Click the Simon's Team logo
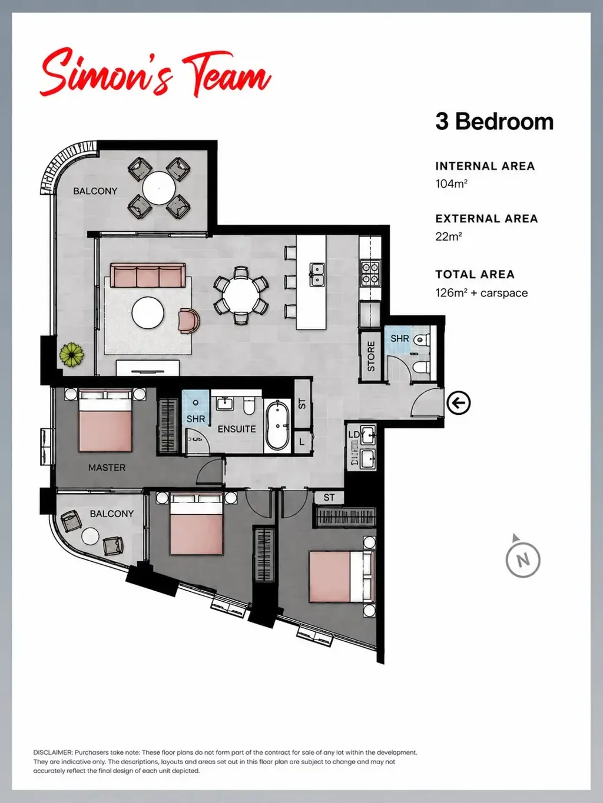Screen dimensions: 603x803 click(x=155, y=72)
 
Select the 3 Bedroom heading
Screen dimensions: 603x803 click(x=494, y=121)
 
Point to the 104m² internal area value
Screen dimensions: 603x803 click(x=451, y=184)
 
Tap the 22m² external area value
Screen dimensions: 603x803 click(x=449, y=236)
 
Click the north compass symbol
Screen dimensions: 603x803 click(x=523, y=559)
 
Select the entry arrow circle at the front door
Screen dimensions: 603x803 click(x=458, y=403)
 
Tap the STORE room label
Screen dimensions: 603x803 click(x=371, y=356)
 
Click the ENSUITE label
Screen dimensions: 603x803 click(x=237, y=429)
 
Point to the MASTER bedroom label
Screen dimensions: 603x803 click(x=107, y=468)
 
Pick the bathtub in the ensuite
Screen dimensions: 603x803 click(x=277, y=426)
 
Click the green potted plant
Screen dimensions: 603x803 click(x=72, y=354)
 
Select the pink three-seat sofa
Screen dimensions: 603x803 click(x=148, y=275)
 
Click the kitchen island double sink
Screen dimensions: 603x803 click(x=316, y=274)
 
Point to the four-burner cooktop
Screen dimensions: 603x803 click(x=370, y=274)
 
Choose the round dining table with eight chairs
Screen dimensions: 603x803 click(x=241, y=295)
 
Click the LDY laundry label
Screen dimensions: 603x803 click(x=354, y=435)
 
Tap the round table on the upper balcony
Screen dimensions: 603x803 click(x=158, y=188)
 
